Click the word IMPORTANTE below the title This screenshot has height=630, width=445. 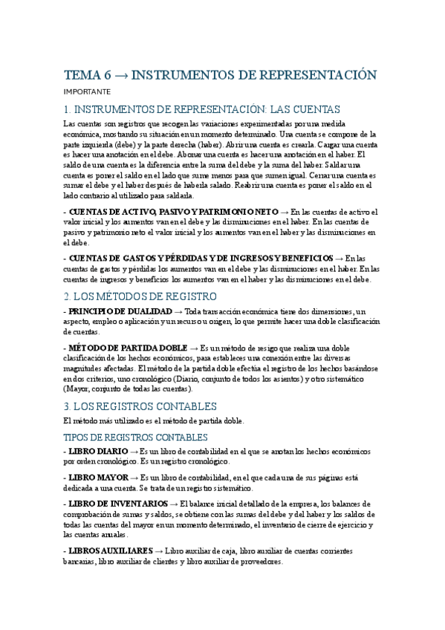(x=87, y=92)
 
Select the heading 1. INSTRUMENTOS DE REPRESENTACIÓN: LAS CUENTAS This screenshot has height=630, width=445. (x=202, y=108)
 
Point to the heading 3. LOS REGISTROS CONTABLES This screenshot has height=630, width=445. (x=140, y=406)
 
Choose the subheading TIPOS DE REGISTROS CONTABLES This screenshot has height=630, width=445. (x=136, y=438)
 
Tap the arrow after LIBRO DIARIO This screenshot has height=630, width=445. (x=134, y=452)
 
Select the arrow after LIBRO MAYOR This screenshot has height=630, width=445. (x=134, y=477)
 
